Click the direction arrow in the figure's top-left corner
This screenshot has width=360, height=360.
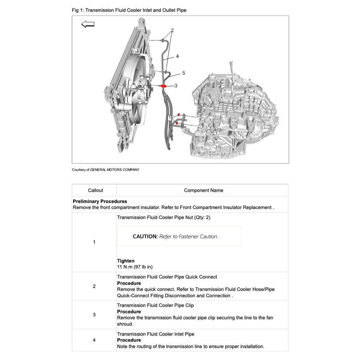pyautogui.click(x=88, y=24)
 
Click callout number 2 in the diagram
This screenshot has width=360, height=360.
pyautogui.click(x=172, y=30)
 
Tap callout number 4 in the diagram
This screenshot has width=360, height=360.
pyautogui.click(x=178, y=56)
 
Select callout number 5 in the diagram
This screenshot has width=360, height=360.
pyautogui.click(x=184, y=73)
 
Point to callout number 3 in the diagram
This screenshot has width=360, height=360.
pyautogui.click(x=176, y=85)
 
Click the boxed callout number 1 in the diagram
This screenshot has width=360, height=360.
pyautogui.click(x=169, y=118)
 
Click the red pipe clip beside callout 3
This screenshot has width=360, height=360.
pyautogui.click(x=163, y=86)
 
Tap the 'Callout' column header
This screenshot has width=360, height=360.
pyautogui.click(x=95, y=190)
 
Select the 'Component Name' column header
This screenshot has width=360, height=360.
pyautogui.click(x=203, y=190)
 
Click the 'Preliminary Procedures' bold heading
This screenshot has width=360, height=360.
pyautogui.click(x=100, y=201)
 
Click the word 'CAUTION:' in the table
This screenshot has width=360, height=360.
pyautogui.click(x=145, y=237)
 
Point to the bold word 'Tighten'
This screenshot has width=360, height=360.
pyautogui.click(x=126, y=261)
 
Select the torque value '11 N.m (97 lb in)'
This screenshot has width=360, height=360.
pyautogui.click(x=135, y=267)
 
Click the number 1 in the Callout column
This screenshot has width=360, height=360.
pyautogui.click(x=94, y=242)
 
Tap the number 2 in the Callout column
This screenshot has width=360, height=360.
pyautogui.click(x=94, y=286)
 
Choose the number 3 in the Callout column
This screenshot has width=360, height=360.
pyautogui.click(x=94, y=315)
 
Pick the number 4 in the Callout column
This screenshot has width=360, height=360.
pyautogui.click(x=94, y=340)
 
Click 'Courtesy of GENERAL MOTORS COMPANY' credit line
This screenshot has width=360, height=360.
pyautogui.click(x=105, y=170)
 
